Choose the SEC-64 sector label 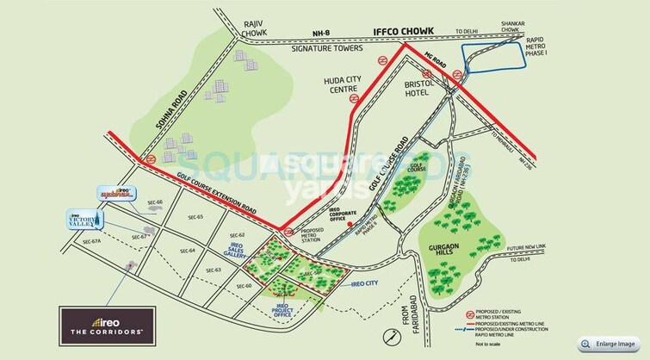pos(188,250)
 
